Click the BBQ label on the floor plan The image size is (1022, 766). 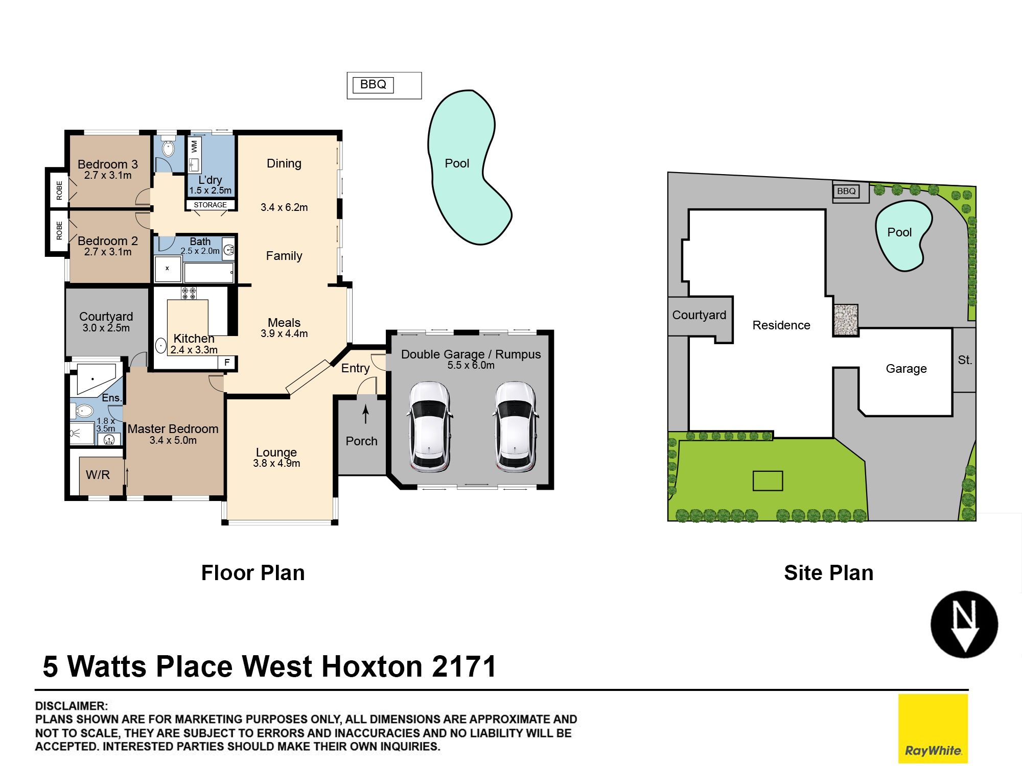[373, 84]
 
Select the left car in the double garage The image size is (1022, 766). [429, 426]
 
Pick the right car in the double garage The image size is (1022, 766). [516, 426]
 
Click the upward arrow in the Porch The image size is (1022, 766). [365, 414]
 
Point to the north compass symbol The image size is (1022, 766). [964, 624]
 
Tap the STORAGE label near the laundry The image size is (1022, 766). [210, 205]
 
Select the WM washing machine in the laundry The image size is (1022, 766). [194, 147]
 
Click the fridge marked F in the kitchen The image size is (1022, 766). [227, 362]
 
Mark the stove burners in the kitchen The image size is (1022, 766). [189, 293]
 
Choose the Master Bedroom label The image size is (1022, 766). [173, 429]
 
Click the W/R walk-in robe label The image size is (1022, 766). [98, 475]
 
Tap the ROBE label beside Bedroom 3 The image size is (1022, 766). [59, 190]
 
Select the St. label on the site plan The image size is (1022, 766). [965, 360]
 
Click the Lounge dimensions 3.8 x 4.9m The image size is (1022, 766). [276, 463]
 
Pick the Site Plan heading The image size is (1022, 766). [829, 573]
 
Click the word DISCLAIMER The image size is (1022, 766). [72, 706]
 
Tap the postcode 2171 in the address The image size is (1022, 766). [464, 666]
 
